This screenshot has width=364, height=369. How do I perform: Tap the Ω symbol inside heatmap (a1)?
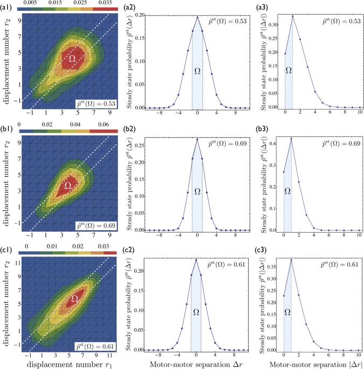tap(72, 57)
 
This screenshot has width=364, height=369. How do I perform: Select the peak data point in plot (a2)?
tap(197, 17)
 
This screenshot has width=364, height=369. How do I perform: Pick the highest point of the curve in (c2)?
tap(197, 260)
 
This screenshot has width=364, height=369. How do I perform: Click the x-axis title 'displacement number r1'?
tap(63, 364)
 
